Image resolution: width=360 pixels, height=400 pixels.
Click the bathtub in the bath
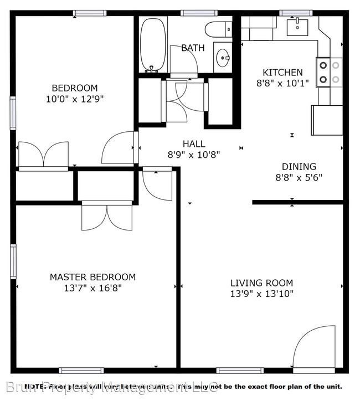[x=153, y=44]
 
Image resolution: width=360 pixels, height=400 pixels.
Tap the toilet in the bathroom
[x=218, y=28]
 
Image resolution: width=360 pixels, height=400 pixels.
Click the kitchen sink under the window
[x=299, y=26]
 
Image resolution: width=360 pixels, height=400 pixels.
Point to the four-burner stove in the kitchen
[x=328, y=73]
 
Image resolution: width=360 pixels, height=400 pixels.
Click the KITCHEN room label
[x=282, y=73]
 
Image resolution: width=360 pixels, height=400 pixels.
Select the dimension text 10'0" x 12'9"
[x=74, y=99]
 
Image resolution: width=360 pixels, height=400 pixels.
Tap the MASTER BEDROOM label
[x=92, y=277]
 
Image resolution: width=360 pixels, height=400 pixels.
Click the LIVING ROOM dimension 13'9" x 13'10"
[x=262, y=294]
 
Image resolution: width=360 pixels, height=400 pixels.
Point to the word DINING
[x=299, y=166]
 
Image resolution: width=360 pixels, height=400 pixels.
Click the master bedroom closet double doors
[x=107, y=217]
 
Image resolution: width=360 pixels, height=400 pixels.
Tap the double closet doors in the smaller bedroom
[x=44, y=155]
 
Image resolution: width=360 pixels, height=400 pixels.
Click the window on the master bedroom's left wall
[x=13, y=261]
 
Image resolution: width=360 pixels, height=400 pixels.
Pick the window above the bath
[x=198, y=13]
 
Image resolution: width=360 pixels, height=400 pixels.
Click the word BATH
[x=193, y=48]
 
